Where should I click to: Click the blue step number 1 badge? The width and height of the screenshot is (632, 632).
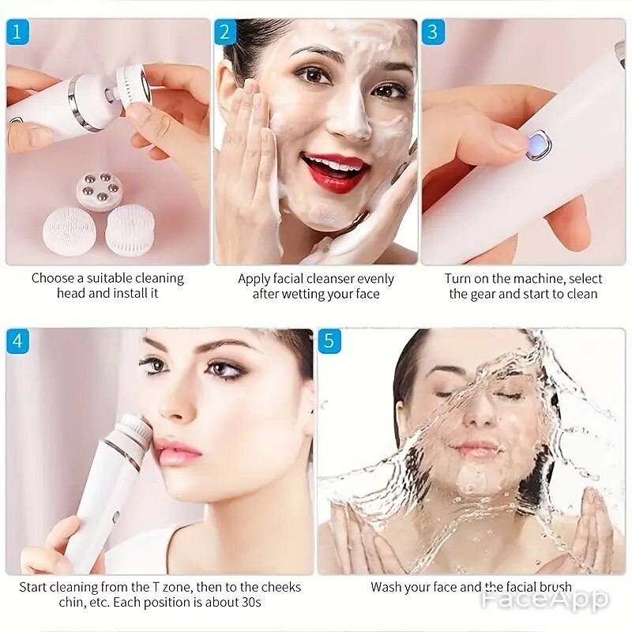(x=17, y=32)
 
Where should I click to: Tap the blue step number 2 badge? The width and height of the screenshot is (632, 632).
(x=225, y=32)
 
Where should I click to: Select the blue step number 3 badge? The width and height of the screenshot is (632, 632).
(x=433, y=32)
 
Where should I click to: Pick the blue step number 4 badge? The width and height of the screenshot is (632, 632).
(x=17, y=341)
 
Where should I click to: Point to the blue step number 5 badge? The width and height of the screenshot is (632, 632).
(x=329, y=341)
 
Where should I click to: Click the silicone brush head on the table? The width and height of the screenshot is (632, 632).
(x=70, y=231)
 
